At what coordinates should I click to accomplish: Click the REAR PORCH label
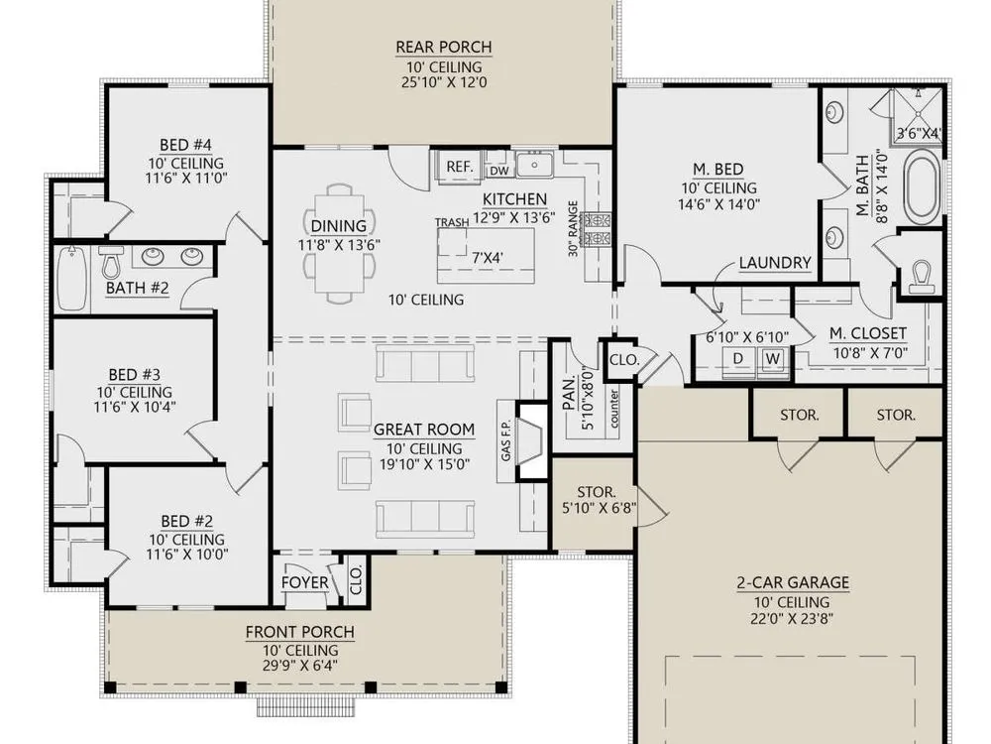[444, 48]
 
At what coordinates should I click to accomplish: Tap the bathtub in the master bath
[923, 186]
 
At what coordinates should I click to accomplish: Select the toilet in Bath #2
[111, 263]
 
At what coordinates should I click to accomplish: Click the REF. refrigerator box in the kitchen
[460, 167]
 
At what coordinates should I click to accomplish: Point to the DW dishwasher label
[499, 171]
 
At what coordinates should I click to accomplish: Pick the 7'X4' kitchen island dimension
[488, 258]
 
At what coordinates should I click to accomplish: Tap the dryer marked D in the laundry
[738, 359]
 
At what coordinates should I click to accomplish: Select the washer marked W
[772, 359]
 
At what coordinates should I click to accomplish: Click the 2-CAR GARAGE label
[793, 582]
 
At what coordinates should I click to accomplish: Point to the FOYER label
[304, 582]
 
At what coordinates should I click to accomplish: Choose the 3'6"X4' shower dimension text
[919, 134]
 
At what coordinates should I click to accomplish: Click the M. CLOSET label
[868, 333]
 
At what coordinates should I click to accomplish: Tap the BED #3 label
[134, 375]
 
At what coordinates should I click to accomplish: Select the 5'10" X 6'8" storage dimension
[599, 507]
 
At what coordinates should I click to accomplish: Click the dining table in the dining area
[339, 244]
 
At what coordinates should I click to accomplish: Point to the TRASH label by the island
[452, 222]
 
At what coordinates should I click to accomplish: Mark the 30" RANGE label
[573, 228]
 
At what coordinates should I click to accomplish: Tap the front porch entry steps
[304, 706]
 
